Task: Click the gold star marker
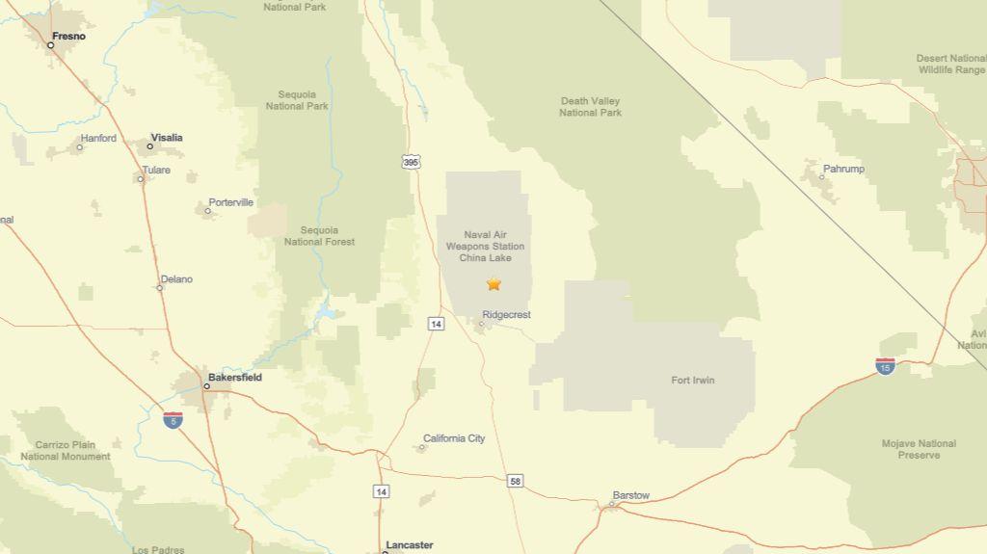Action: coord(494,284)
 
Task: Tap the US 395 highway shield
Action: coord(412,162)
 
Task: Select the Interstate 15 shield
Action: coord(885,365)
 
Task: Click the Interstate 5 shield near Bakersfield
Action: coord(173,419)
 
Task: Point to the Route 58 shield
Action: coord(516,480)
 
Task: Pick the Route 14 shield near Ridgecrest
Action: coord(437,324)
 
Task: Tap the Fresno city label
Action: coord(68,37)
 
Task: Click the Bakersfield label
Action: coord(235,378)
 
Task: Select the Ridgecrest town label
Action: coord(506,315)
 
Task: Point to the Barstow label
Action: coord(630,496)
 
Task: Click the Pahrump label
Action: coord(843,170)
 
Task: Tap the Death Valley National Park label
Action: coord(591,107)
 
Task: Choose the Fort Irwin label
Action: coord(693,381)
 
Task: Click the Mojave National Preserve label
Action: coord(919,449)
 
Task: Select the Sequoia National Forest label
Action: coord(319,236)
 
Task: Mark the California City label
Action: coord(454,438)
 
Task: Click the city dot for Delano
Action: coord(160,287)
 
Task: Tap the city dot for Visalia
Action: coord(150,146)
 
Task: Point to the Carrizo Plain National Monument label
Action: coord(66,451)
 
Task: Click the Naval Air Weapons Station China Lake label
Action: coord(485,246)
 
